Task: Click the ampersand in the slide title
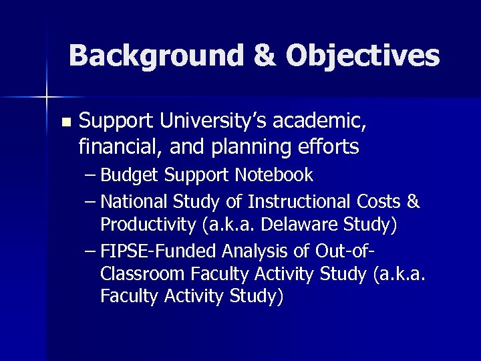point(263,55)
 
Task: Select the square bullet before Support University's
point(65,122)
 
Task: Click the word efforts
point(327,145)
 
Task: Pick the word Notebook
point(274,175)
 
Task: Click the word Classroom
point(142,273)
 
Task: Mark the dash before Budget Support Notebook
point(92,175)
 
